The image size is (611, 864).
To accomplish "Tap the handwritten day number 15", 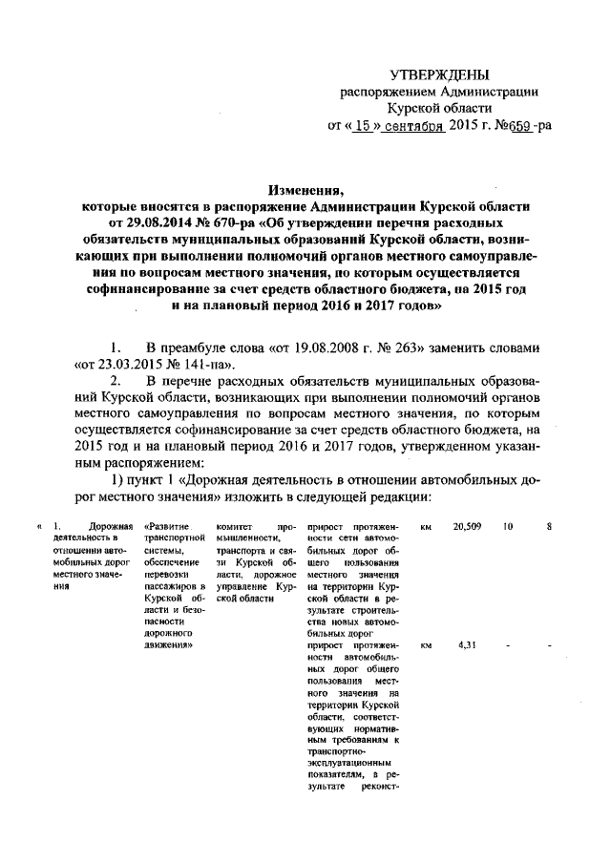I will click(360, 126).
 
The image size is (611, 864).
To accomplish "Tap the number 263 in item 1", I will click(434, 346).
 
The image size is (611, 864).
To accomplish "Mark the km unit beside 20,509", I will click(426, 526).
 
